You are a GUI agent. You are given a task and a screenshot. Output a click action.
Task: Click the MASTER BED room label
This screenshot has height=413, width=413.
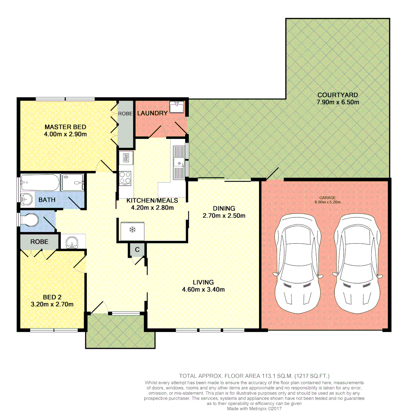tap(65, 127)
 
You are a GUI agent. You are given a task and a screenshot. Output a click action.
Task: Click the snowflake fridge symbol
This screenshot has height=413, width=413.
tap(133, 230)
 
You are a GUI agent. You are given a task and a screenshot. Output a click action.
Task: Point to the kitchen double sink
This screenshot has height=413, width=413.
tap(178, 163)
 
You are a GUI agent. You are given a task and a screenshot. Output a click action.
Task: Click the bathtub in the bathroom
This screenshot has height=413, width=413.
tap(40, 183)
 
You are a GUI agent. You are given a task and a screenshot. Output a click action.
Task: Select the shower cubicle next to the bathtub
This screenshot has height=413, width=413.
tap(73, 182)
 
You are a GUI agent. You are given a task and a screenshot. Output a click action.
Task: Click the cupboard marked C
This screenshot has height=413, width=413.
tap(137, 249)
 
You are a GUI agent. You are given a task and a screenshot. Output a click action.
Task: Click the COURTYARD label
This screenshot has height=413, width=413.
tap(337, 95)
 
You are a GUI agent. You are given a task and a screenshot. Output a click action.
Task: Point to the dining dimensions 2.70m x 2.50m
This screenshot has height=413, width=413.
tap(224, 215)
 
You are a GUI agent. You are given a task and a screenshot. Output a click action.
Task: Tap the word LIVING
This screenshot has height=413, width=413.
tap(203, 282)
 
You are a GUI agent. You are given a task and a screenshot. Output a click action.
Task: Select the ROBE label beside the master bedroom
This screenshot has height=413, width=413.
tap(125, 114)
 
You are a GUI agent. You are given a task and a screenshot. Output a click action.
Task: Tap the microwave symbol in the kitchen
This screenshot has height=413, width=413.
tap(125, 157)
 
